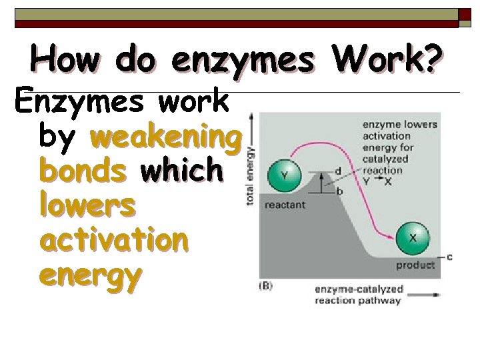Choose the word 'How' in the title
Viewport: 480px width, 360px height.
coord(69,59)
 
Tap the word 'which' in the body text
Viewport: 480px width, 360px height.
coord(181,171)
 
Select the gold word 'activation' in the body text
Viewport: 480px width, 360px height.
coord(114,239)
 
